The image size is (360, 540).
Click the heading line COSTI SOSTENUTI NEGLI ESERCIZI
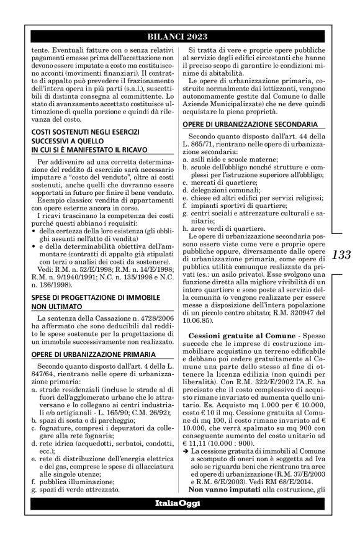pyautogui.click(x=73, y=132)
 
